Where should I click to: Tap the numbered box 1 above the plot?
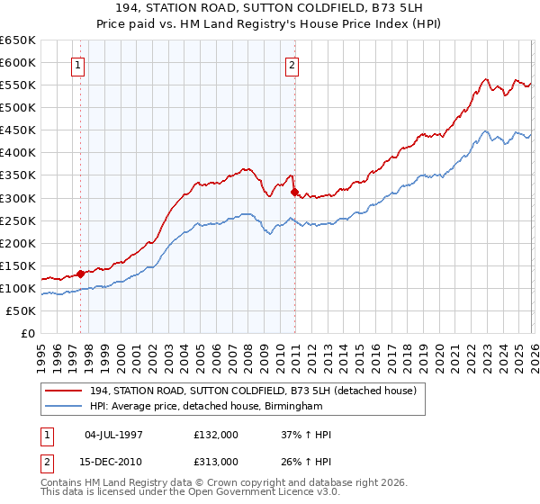click(79, 65)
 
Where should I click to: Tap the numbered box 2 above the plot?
click(293, 65)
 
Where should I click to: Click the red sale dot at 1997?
click(80, 273)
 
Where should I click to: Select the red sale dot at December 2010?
click(294, 191)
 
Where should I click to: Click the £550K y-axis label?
click(18, 85)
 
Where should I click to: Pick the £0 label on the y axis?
click(27, 333)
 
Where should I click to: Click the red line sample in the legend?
click(66, 391)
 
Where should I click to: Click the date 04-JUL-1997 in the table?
click(113, 435)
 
